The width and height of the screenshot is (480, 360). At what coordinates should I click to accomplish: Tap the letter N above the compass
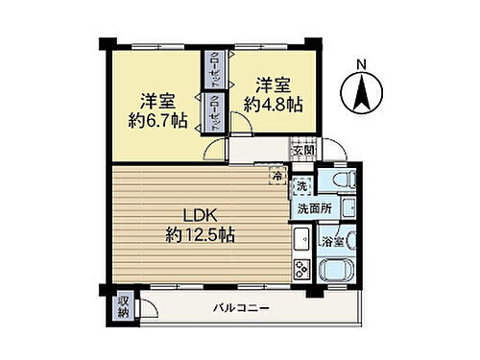tap(362, 64)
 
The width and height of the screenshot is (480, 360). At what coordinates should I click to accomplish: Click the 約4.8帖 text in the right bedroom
tap(273, 106)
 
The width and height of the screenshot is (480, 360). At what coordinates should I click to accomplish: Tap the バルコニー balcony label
tap(241, 307)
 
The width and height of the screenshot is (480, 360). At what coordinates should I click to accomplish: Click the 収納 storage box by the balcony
tap(124, 306)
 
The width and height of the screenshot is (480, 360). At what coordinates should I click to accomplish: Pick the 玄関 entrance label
tap(303, 150)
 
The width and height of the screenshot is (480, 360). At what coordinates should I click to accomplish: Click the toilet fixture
tap(338, 182)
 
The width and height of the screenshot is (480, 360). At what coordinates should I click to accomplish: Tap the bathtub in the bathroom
tap(341, 264)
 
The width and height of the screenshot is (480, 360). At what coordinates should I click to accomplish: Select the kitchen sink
tap(300, 237)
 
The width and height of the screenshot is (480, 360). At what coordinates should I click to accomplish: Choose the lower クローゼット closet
tap(216, 112)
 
